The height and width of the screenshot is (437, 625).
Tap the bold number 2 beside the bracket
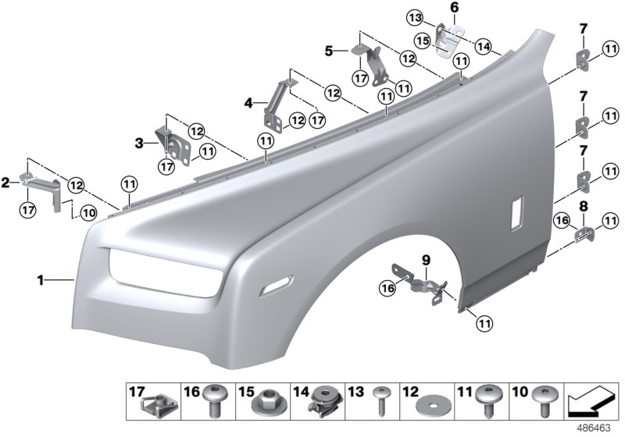coord(6,183)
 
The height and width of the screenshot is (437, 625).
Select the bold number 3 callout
coord(139,144)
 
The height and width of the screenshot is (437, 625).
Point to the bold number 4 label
coord(248,102)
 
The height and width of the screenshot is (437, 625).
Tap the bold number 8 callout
coord(582,207)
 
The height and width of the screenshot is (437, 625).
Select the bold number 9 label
coord(426,260)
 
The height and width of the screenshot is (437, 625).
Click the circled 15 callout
coord(422,39)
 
